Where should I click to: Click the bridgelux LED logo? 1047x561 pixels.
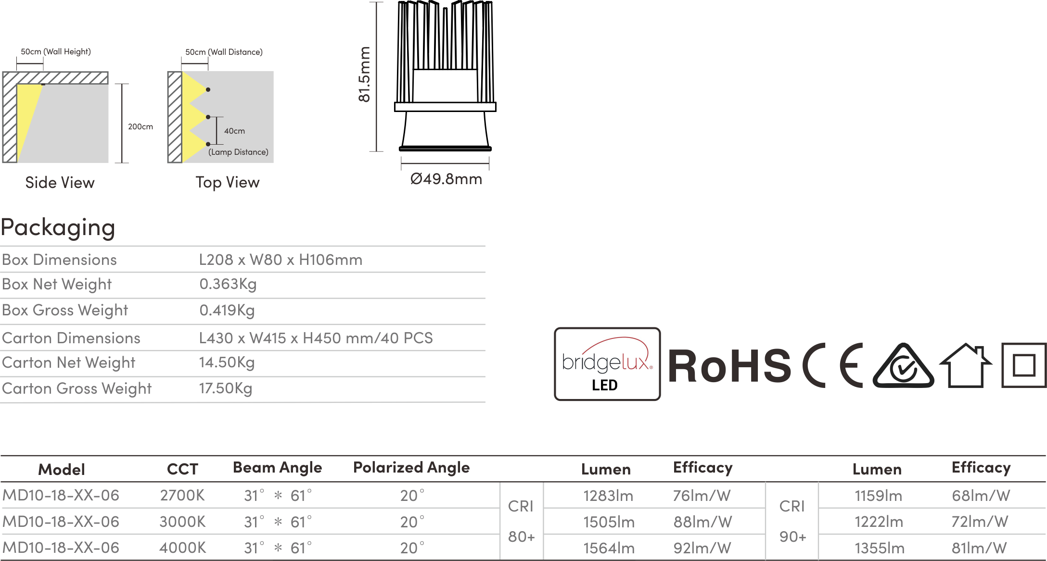coord(607,364)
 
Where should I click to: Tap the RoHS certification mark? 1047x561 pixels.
coord(729,366)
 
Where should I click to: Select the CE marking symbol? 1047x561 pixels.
coord(832,365)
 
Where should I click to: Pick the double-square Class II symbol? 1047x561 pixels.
coord(1024,365)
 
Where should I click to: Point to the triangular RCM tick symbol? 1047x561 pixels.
coord(904,366)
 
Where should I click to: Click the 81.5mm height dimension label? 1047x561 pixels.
coord(364,74)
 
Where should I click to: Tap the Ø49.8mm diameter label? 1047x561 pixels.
coord(446,179)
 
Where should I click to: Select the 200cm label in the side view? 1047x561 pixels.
coord(140,126)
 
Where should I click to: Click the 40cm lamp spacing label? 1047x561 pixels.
coord(234,131)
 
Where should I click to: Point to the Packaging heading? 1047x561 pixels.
coord(58,227)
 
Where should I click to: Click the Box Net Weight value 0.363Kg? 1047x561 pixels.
coord(228,284)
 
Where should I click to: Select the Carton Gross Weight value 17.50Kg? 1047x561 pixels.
coord(226,388)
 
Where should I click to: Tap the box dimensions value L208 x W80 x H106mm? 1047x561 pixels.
coord(281,260)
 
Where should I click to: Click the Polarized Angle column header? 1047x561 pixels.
coord(411,468)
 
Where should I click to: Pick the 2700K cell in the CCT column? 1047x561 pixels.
coord(182,495)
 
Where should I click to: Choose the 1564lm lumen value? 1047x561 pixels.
coord(609,548)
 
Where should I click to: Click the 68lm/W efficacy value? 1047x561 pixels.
coord(981,496)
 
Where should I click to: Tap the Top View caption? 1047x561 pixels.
coord(228,183)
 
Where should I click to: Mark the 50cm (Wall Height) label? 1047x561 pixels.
coord(56,51)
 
